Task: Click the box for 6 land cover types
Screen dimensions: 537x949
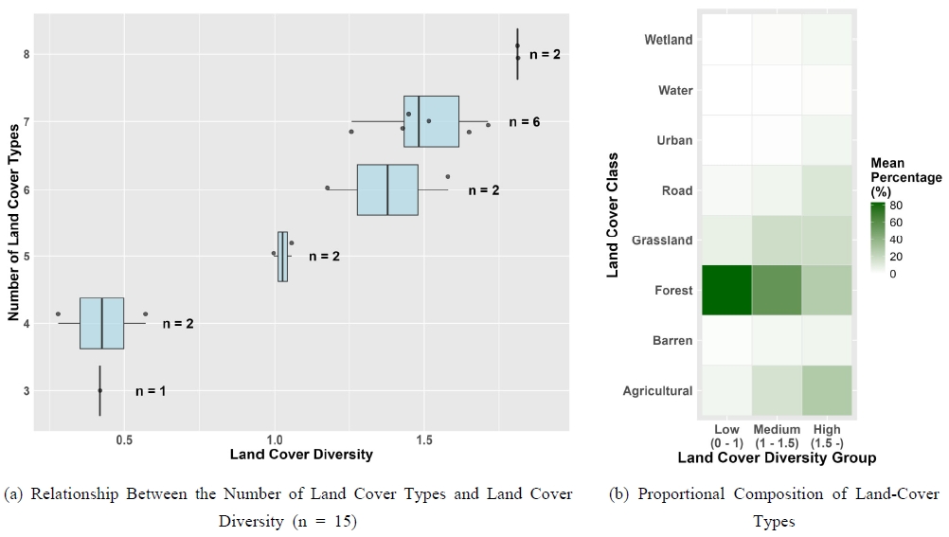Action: [x=387, y=189]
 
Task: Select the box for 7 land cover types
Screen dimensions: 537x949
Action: [x=431, y=121]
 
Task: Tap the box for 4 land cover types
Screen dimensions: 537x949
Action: [x=101, y=323]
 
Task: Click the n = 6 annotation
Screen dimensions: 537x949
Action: [x=524, y=122]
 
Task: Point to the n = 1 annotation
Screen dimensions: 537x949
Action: [x=151, y=390]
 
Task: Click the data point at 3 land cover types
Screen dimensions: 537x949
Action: [x=99, y=390]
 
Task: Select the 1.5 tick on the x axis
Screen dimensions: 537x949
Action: [x=424, y=439]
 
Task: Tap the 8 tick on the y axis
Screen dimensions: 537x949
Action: [x=27, y=54]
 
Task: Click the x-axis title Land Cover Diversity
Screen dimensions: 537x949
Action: [x=301, y=455]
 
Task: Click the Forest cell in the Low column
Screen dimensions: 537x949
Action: [x=726, y=290]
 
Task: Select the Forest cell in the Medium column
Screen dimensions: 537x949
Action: [x=777, y=290]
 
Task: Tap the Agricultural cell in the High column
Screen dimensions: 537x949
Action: [x=827, y=390]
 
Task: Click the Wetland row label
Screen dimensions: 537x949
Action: [x=668, y=40]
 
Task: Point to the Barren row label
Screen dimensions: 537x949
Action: [x=671, y=340]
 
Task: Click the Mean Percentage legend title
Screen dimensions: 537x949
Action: [x=905, y=177]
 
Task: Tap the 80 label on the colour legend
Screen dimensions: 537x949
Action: [x=896, y=206]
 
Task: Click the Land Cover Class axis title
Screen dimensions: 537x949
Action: [x=613, y=214]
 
